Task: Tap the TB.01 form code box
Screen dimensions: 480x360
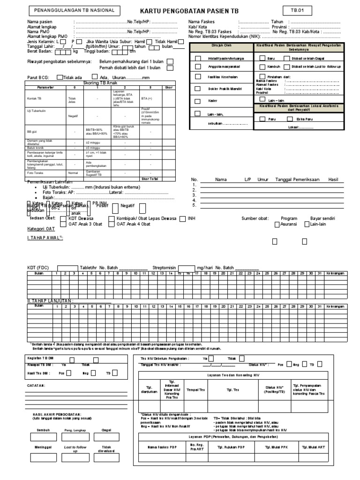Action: click(296, 10)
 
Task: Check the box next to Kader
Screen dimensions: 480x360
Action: click(198, 100)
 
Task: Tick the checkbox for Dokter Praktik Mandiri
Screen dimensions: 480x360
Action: click(198, 88)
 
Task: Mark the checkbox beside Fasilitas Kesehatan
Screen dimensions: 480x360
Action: click(198, 76)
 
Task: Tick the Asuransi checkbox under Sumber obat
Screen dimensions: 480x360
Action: click(277, 225)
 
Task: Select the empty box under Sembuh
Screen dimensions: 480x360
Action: click(43, 438)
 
